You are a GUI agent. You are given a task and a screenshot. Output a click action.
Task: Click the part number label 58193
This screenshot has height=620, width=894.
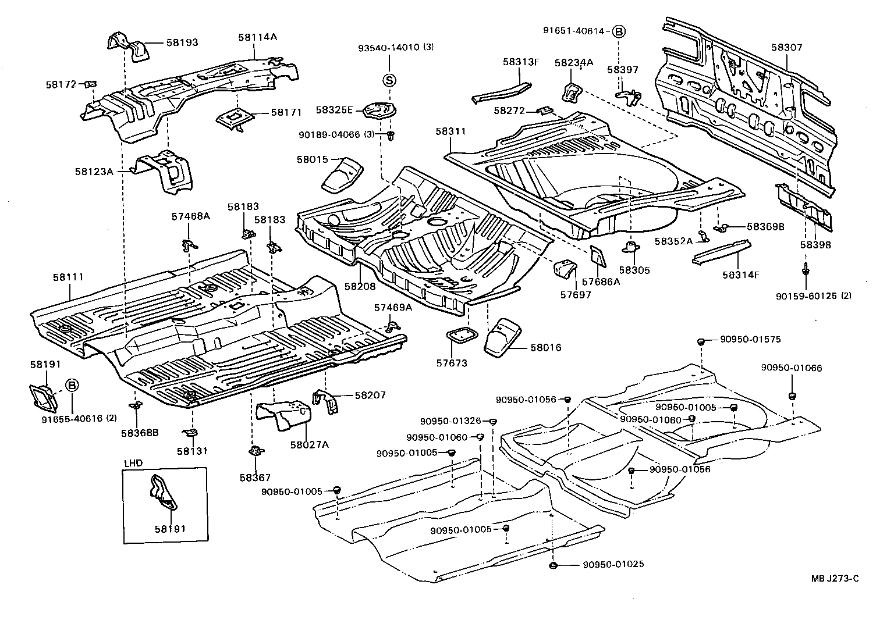click(x=182, y=42)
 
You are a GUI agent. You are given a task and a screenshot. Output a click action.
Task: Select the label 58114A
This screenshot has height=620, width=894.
click(x=257, y=37)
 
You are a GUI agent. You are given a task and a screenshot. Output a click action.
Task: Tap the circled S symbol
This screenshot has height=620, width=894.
click(x=389, y=80)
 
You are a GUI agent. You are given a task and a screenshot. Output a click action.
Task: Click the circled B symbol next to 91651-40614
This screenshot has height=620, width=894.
click(x=618, y=31)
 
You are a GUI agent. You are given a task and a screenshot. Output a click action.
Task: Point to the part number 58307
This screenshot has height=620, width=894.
click(x=787, y=48)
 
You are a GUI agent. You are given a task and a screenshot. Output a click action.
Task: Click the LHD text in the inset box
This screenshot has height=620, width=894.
click(x=133, y=463)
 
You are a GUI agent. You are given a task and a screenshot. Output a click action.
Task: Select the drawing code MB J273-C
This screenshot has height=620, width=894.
click(x=835, y=578)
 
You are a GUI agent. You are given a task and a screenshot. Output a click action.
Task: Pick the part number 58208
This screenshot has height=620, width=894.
click(x=360, y=286)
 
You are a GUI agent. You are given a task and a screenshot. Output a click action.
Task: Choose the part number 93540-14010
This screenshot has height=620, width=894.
click(x=388, y=48)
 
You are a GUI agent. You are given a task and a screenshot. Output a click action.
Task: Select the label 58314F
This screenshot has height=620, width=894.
click(x=741, y=275)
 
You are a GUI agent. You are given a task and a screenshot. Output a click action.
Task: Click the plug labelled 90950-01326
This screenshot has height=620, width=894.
click(x=492, y=421)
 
